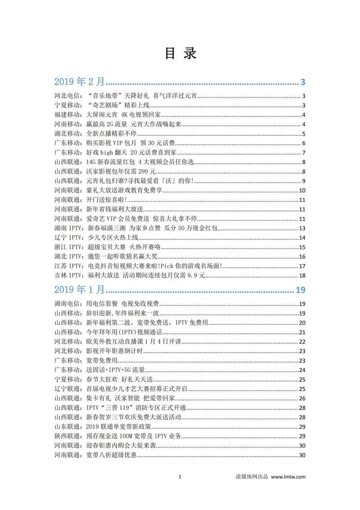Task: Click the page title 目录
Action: pyautogui.click(x=180, y=53)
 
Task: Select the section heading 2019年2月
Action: pyautogui.click(x=79, y=82)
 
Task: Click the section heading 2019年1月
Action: pyautogui.click(x=79, y=289)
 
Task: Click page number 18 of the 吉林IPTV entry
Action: pyautogui.click(x=302, y=276)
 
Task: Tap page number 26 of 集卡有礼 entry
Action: pyautogui.click(x=302, y=398)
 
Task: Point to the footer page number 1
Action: pyautogui.click(x=180, y=477)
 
